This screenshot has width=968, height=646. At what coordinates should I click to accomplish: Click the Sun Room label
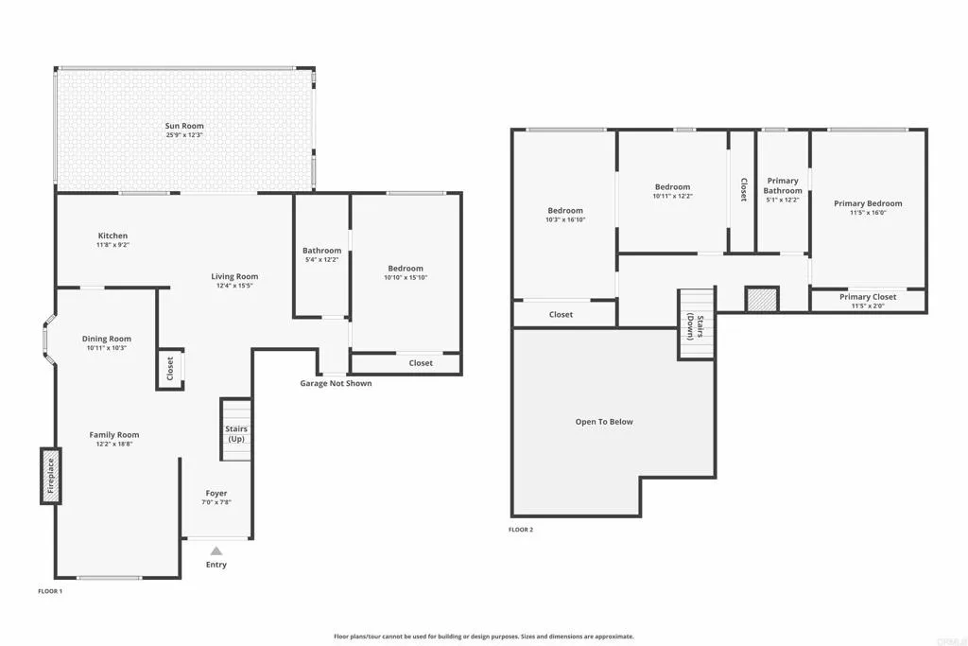pyautogui.click(x=184, y=126)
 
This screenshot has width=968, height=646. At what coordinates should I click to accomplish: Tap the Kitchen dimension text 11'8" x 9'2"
pyautogui.click(x=112, y=245)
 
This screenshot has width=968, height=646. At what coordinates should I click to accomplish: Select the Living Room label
pyautogui.click(x=234, y=277)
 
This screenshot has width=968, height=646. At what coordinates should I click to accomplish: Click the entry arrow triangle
pyautogui.click(x=216, y=550)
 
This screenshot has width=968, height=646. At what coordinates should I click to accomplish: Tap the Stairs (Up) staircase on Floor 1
pyautogui.click(x=236, y=430)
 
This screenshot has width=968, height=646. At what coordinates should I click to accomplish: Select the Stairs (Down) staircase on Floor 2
pyautogui.click(x=695, y=324)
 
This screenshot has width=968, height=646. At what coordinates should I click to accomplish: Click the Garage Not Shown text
pyautogui.click(x=336, y=383)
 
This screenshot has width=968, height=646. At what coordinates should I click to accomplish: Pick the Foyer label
pyautogui.click(x=216, y=493)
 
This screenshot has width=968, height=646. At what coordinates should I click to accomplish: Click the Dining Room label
pyautogui.click(x=107, y=339)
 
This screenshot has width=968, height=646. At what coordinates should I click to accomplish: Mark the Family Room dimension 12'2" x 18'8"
pyautogui.click(x=114, y=444)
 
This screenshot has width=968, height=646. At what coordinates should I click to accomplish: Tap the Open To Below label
pyautogui.click(x=604, y=422)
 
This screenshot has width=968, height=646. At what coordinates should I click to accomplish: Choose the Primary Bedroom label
pyautogui.click(x=868, y=203)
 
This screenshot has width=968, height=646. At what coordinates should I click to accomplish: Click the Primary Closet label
pyautogui.click(x=868, y=297)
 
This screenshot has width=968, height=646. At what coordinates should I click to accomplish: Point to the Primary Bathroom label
pyautogui.click(x=783, y=185)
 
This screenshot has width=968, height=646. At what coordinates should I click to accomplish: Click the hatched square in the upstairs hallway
pyautogui.click(x=761, y=300)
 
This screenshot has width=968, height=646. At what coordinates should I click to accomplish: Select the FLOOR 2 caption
pyautogui.click(x=521, y=530)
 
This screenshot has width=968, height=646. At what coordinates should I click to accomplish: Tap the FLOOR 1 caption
pyautogui.click(x=50, y=591)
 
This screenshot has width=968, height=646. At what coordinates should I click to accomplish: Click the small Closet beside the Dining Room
pyautogui.click(x=170, y=369)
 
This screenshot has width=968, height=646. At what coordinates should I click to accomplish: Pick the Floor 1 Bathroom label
pyautogui.click(x=321, y=251)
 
